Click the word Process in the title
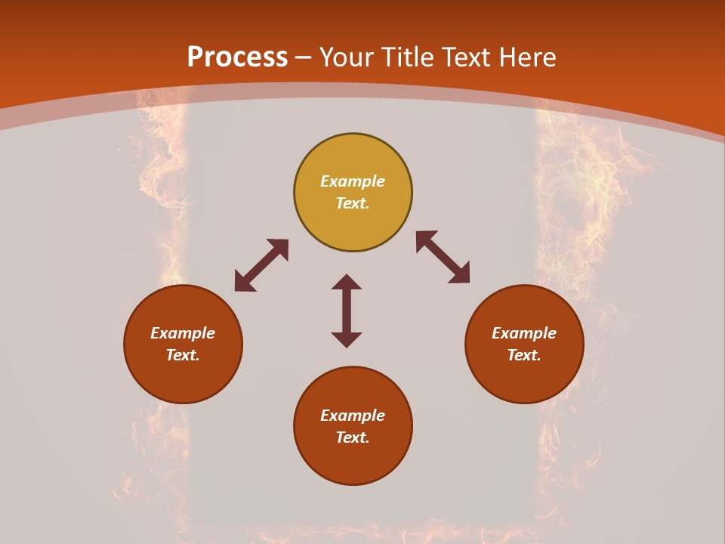237,57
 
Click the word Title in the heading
405,57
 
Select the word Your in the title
347,57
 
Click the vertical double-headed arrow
347,311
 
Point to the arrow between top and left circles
261,265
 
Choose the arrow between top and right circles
443,257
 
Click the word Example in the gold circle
353,181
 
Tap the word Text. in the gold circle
353,203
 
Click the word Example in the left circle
183,333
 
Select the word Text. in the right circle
524,355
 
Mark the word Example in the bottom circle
353,416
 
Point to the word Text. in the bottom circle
353,437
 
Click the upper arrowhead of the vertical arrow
347,282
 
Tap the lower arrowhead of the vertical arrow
347,339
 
